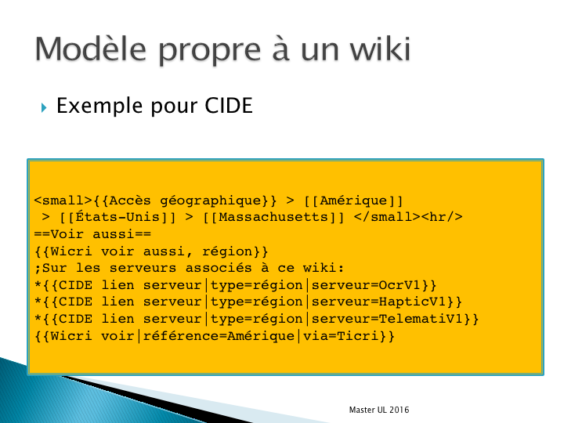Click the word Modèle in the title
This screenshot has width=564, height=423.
coord(91,49)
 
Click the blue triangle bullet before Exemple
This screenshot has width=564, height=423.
coord(44,107)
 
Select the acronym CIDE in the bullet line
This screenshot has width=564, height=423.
coord(229,106)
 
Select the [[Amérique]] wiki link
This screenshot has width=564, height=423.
coord(353,201)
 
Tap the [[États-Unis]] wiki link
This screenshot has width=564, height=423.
coord(117,217)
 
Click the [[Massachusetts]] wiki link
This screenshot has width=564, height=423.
coord(273,217)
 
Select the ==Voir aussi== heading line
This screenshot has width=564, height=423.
coord(92,234)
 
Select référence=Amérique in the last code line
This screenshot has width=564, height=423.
coord(219,336)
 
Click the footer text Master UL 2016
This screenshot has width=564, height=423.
coord(379,410)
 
